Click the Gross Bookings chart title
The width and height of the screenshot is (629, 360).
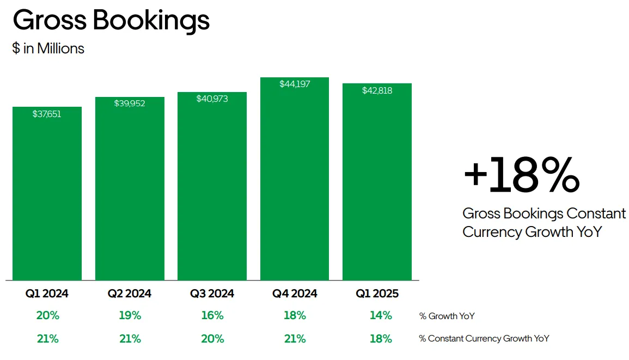click(111, 21)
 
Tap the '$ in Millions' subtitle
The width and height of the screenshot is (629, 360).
click(48, 48)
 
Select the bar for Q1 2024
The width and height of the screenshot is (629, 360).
click(47, 193)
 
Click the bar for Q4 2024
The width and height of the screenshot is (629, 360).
click(295, 179)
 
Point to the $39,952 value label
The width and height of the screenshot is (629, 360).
click(130, 103)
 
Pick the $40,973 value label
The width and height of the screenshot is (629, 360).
click(212, 99)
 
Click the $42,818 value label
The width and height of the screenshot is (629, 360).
click(377, 91)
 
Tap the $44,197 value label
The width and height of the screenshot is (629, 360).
click(295, 84)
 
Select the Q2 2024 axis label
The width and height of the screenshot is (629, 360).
click(130, 294)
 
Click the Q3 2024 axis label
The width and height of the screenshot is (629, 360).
click(212, 294)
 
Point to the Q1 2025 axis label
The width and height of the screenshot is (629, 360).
click(377, 294)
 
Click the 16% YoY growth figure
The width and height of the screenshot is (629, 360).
click(212, 315)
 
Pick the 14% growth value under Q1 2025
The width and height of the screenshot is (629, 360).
click(381, 315)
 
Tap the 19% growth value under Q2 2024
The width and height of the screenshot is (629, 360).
click(130, 315)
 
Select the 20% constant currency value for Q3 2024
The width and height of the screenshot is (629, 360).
click(212, 339)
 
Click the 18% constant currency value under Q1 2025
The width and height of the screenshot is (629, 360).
click(381, 339)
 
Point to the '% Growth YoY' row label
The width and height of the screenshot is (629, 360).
click(447, 316)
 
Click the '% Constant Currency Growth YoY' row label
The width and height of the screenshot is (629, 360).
click(484, 339)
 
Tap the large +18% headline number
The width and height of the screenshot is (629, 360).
click(522, 175)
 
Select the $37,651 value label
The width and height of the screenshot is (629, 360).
click(47, 114)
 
